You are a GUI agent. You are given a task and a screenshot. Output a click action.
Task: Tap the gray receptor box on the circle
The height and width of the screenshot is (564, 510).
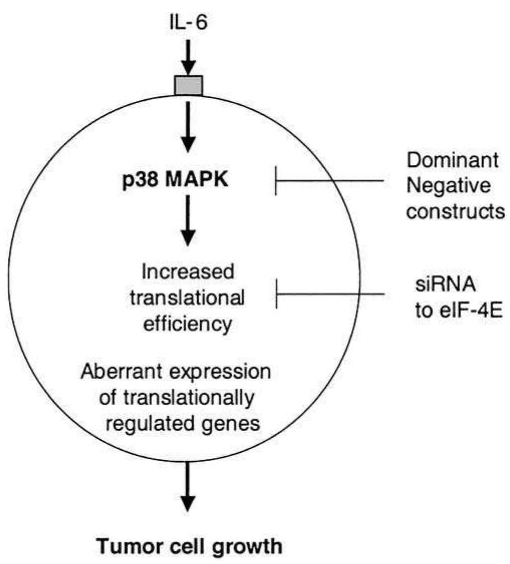(188, 85)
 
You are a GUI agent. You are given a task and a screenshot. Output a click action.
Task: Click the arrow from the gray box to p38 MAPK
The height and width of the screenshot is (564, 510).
(188, 125)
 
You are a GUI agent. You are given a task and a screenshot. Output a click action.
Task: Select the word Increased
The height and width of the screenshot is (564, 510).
(188, 275)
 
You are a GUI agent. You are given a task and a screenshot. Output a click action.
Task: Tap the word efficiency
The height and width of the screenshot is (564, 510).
(188, 324)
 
